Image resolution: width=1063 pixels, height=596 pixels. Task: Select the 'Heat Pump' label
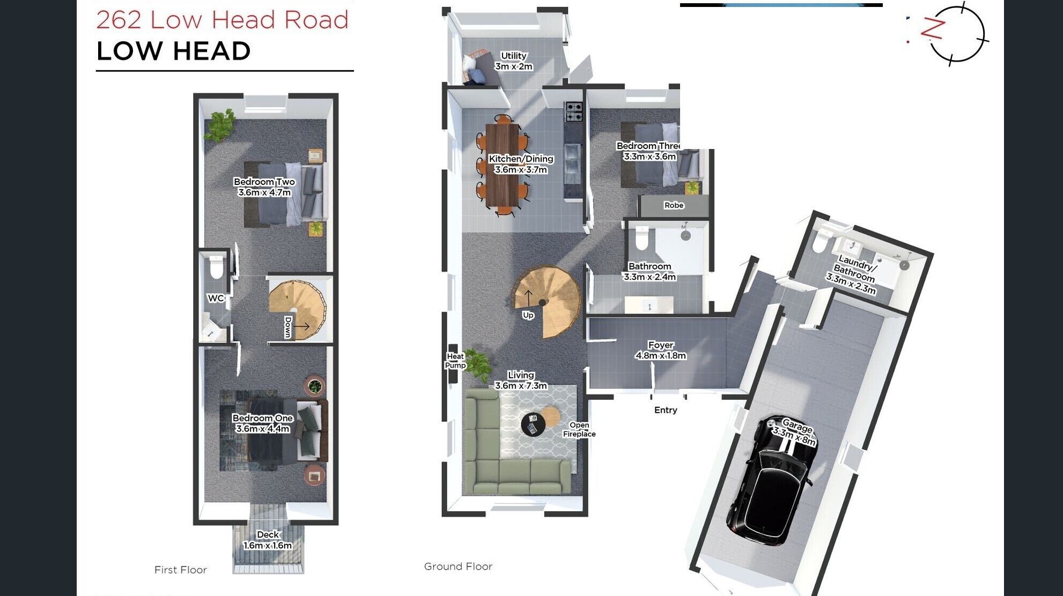(455, 361)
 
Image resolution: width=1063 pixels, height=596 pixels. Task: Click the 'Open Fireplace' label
(579, 429)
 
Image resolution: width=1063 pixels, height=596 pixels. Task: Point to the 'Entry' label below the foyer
(666, 410)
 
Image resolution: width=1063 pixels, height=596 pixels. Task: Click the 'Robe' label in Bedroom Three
(674, 205)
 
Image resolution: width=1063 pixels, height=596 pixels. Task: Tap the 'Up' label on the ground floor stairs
(528, 315)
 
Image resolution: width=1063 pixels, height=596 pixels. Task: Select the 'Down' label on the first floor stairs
(288, 327)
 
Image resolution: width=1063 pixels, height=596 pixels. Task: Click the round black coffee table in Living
(533, 424)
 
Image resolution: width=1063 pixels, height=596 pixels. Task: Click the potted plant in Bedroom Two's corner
(220, 124)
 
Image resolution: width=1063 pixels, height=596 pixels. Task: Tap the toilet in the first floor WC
(216, 267)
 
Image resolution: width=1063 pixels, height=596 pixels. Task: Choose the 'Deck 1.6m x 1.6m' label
(268, 540)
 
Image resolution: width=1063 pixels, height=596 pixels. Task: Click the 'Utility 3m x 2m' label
(514, 61)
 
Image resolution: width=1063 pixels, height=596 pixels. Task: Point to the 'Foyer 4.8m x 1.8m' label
(661, 351)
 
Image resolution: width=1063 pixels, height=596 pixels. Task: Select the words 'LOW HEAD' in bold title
(173, 51)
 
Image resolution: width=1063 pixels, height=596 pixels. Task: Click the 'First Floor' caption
(180, 570)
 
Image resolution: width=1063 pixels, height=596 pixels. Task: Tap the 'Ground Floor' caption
(458, 567)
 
